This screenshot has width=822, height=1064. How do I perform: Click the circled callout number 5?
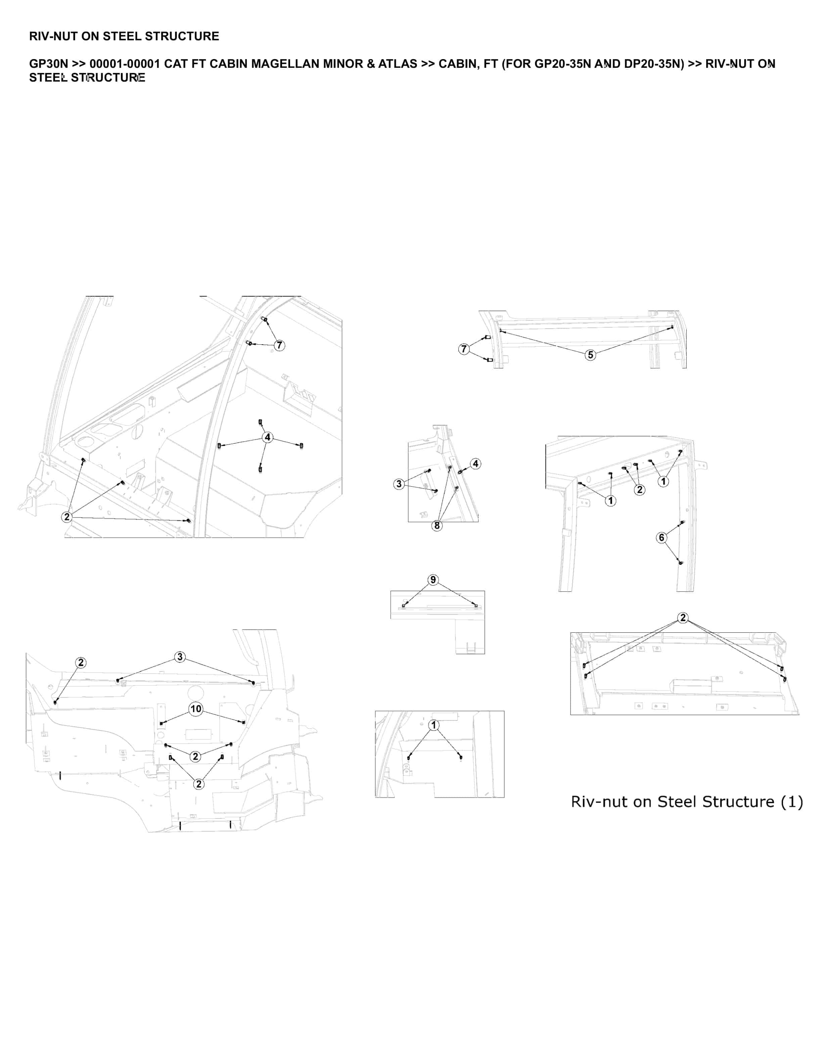tap(590, 355)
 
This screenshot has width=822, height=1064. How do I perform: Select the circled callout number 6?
tap(661, 537)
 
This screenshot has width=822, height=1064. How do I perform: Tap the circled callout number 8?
tap(437, 525)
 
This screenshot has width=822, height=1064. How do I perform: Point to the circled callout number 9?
tap(433, 580)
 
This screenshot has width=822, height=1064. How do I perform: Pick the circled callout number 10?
tap(196, 709)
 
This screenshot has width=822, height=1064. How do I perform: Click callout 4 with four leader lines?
tap(267, 437)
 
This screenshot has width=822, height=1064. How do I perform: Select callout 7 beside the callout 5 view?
tap(464, 349)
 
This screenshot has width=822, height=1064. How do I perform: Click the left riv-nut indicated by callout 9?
tap(404, 606)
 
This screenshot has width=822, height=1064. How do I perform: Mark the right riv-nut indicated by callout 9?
tap(476, 606)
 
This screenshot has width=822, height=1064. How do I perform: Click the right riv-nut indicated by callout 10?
tap(243, 722)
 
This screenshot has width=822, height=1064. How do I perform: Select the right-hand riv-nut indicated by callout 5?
tap(673, 327)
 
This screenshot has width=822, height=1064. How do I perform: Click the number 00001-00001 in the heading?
tap(125, 64)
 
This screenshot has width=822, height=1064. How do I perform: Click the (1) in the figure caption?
tap(792, 802)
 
